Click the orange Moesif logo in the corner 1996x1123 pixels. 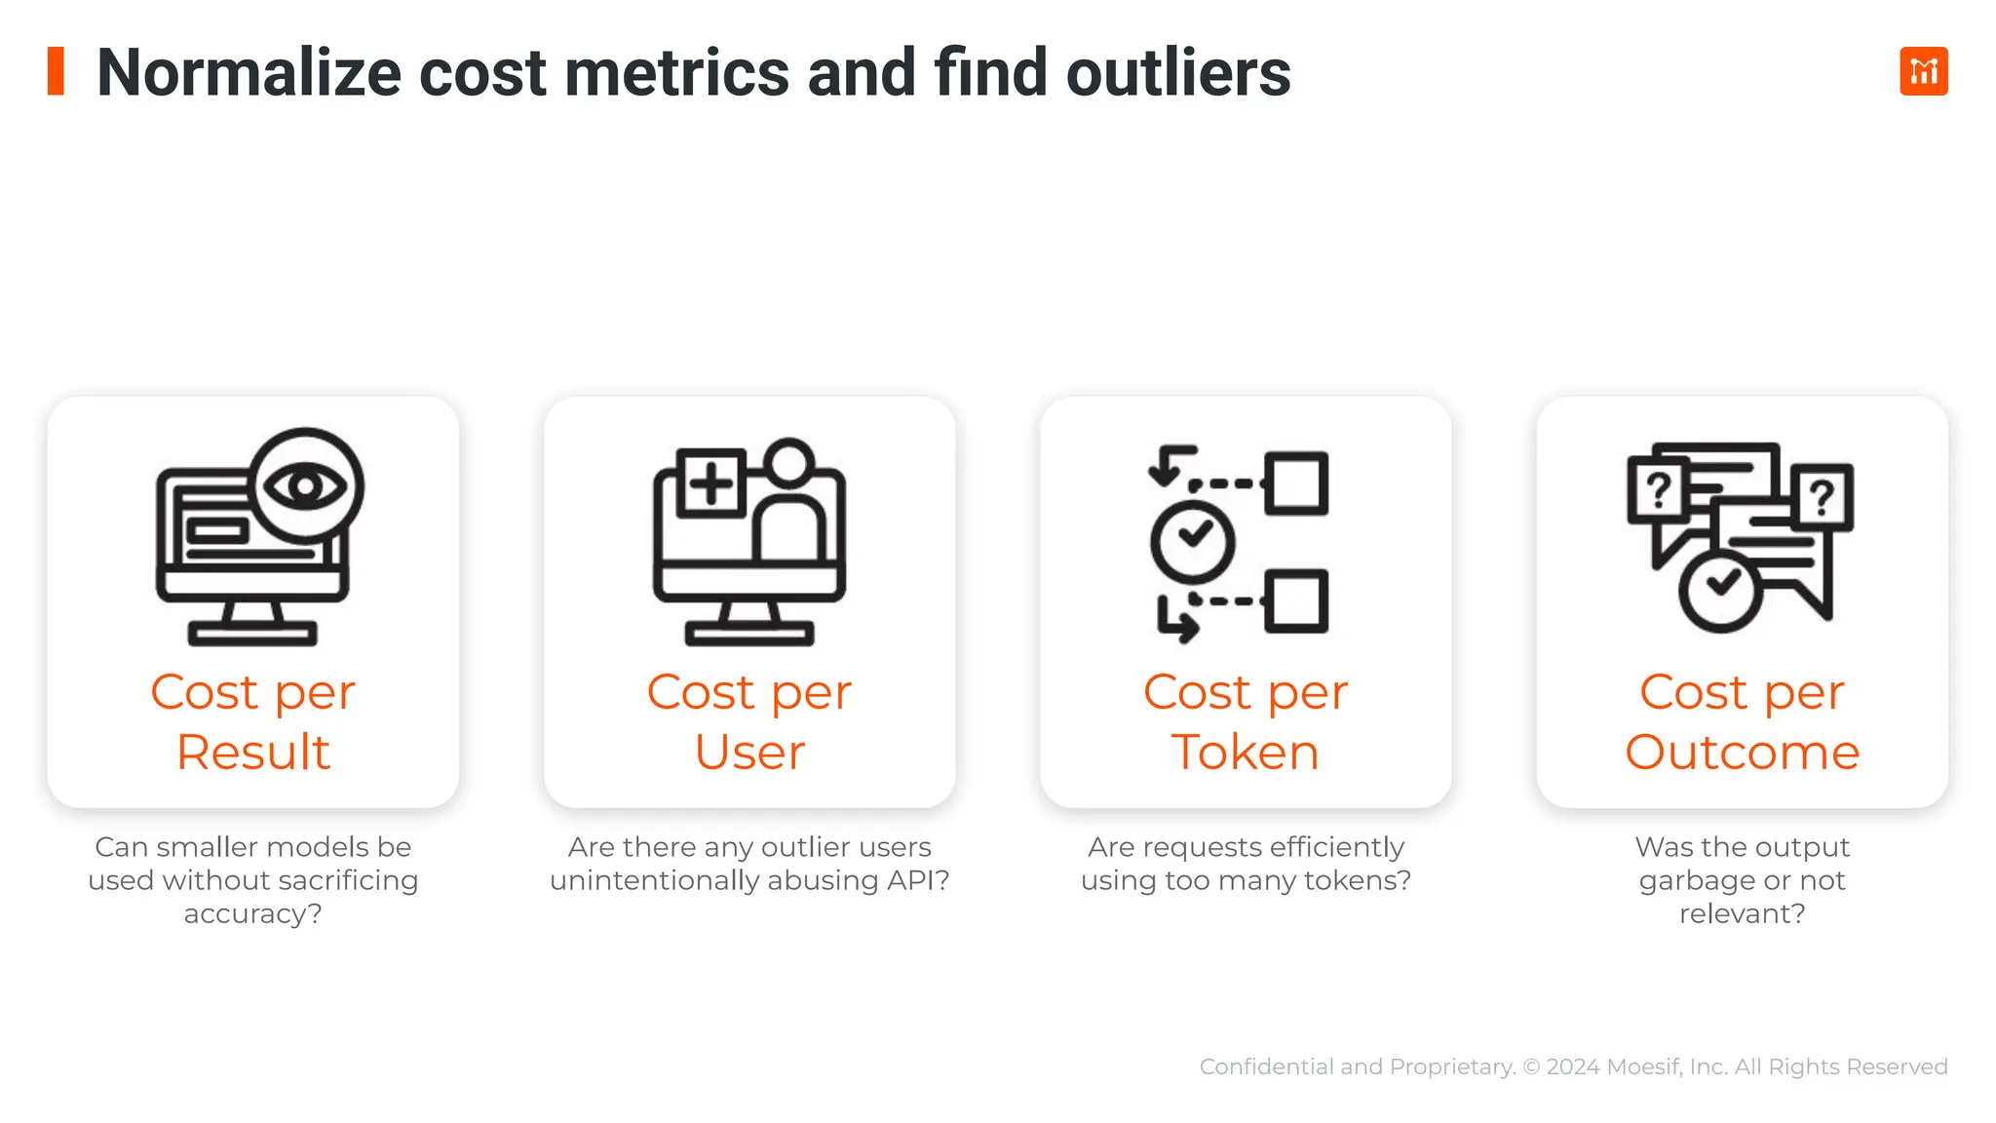click(x=1923, y=71)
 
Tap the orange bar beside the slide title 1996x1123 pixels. click(x=56, y=71)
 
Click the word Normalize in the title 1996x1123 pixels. click(x=249, y=73)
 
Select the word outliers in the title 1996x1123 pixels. click(x=1177, y=73)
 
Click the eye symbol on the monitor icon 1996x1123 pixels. click(x=305, y=484)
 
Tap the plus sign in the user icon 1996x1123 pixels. click(x=710, y=483)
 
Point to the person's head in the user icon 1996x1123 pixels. click(x=788, y=461)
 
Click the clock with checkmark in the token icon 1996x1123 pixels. click(x=1192, y=541)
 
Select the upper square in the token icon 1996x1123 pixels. click(x=1296, y=483)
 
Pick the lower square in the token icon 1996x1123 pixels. click(x=1296, y=600)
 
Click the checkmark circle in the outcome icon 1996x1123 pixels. click(x=1720, y=590)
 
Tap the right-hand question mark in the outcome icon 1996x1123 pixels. click(x=1822, y=496)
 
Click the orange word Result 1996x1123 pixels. click(x=253, y=753)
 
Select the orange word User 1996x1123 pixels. click(x=749, y=753)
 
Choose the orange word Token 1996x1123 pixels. click(x=1246, y=753)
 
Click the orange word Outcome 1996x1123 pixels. click(x=1742, y=753)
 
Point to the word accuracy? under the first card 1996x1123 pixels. click(x=252, y=914)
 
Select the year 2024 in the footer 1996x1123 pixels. click(x=1572, y=1066)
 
